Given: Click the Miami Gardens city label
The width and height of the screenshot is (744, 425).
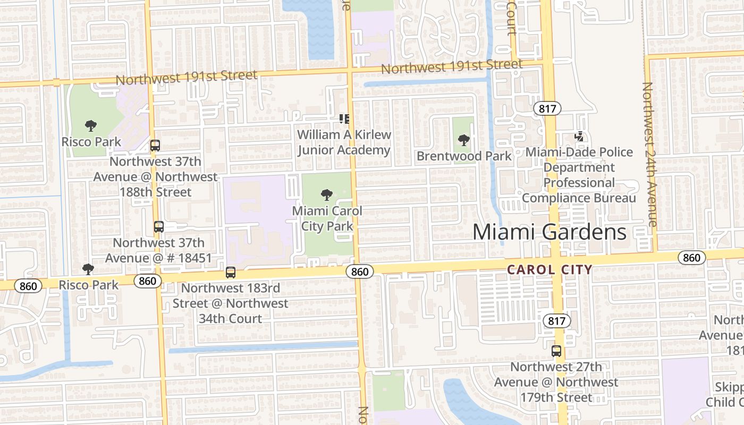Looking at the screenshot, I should (x=549, y=232).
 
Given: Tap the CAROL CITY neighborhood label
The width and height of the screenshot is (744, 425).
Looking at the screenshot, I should (x=549, y=269).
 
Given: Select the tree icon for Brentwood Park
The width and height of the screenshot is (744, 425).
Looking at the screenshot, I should (x=463, y=140).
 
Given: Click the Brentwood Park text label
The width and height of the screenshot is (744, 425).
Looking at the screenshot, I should (x=464, y=156).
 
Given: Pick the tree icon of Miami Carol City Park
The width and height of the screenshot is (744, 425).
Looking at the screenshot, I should (x=327, y=195).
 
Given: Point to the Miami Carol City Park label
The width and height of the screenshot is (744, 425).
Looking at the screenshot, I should (x=327, y=218).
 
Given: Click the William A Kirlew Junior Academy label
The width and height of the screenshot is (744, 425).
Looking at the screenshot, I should (x=344, y=142).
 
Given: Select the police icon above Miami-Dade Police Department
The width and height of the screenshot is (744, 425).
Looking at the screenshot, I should (x=579, y=137).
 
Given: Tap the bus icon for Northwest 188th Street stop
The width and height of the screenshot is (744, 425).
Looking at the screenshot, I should (x=155, y=145).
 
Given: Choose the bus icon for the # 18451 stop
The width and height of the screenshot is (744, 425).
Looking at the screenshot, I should (x=158, y=227).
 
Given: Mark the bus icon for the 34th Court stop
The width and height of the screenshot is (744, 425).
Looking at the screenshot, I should (x=230, y=273).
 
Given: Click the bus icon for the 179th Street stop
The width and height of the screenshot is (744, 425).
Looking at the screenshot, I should (x=556, y=351).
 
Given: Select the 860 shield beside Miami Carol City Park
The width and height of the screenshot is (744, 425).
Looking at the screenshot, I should (x=360, y=271).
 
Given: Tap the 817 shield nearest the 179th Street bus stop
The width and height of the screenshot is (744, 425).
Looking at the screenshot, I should (x=557, y=321).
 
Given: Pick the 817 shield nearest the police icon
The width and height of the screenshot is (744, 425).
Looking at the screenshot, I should (x=547, y=109).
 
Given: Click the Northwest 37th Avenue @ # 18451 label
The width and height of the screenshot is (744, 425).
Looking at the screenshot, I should (x=158, y=250).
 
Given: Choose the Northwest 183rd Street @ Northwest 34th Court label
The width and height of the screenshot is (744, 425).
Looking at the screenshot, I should (x=230, y=303).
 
